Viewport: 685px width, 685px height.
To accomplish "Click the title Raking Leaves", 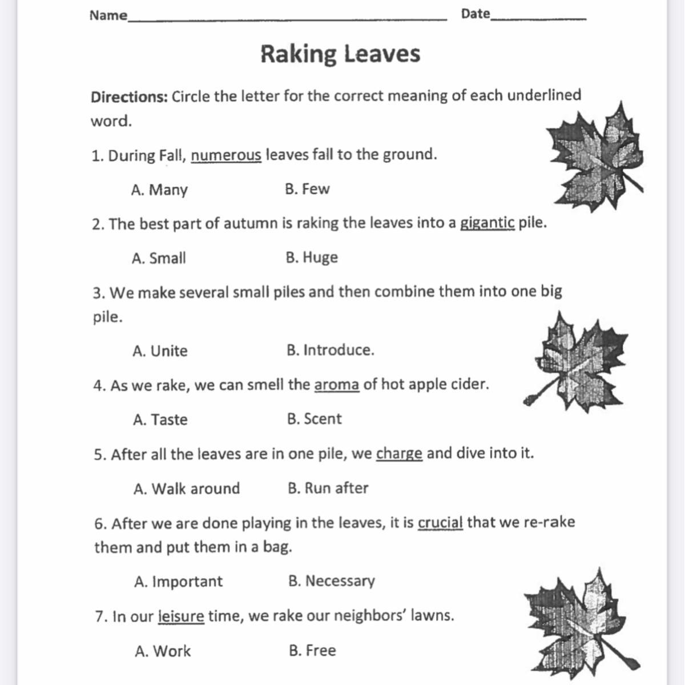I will [x=340, y=54].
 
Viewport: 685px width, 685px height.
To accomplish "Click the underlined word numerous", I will [x=226, y=155].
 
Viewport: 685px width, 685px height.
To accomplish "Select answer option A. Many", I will [x=159, y=190].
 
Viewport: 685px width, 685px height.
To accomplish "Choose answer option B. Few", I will [x=307, y=189].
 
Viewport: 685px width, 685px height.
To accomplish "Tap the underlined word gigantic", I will [x=487, y=223].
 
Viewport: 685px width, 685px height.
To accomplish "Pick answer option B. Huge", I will [x=312, y=257].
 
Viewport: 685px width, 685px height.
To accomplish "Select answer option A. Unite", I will [x=160, y=350].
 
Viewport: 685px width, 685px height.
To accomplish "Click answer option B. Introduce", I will [x=331, y=350].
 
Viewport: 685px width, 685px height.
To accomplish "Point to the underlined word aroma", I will [x=336, y=385].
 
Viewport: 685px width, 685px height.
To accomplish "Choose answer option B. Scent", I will [x=315, y=419].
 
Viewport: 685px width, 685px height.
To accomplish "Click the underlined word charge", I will [x=399, y=454].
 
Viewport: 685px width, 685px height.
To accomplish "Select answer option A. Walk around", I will [x=187, y=489].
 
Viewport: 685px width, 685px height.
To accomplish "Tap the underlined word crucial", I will [x=440, y=523].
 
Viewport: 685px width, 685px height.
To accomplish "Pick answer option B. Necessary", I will [x=332, y=581].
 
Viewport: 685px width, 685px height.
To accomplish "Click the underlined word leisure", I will [x=180, y=616].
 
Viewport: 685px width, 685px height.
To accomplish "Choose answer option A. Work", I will [x=163, y=651].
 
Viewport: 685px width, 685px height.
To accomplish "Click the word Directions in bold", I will [x=128, y=96].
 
